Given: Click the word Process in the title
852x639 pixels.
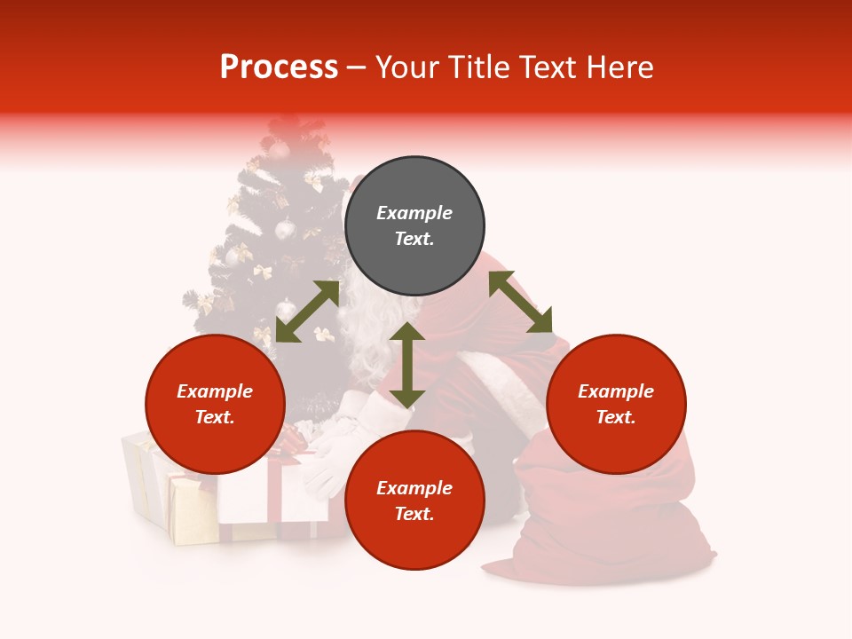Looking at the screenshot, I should pyautogui.click(x=279, y=67).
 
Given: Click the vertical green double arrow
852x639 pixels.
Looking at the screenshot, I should pyautogui.click(x=406, y=365).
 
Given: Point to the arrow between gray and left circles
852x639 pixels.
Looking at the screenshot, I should pyautogui.click(x=307, y=312).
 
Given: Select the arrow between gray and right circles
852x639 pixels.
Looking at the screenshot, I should pyautogui.click(x=520, y=302).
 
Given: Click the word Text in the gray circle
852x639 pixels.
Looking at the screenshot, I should pyautogui.click(x=414, y=239).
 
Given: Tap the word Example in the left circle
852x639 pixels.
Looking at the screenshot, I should pyautogui.click(x=215, y=391).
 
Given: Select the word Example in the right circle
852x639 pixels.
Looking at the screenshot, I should pyautogui.click(x=616, y=391).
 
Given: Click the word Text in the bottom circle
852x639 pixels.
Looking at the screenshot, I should pyautogui.click(x=414, y=514).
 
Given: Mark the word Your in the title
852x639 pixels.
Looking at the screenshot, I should pyautogui.click(x=406, y=67).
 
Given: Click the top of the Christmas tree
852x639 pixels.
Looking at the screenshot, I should pyautogui.click(x=286, y=129).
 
